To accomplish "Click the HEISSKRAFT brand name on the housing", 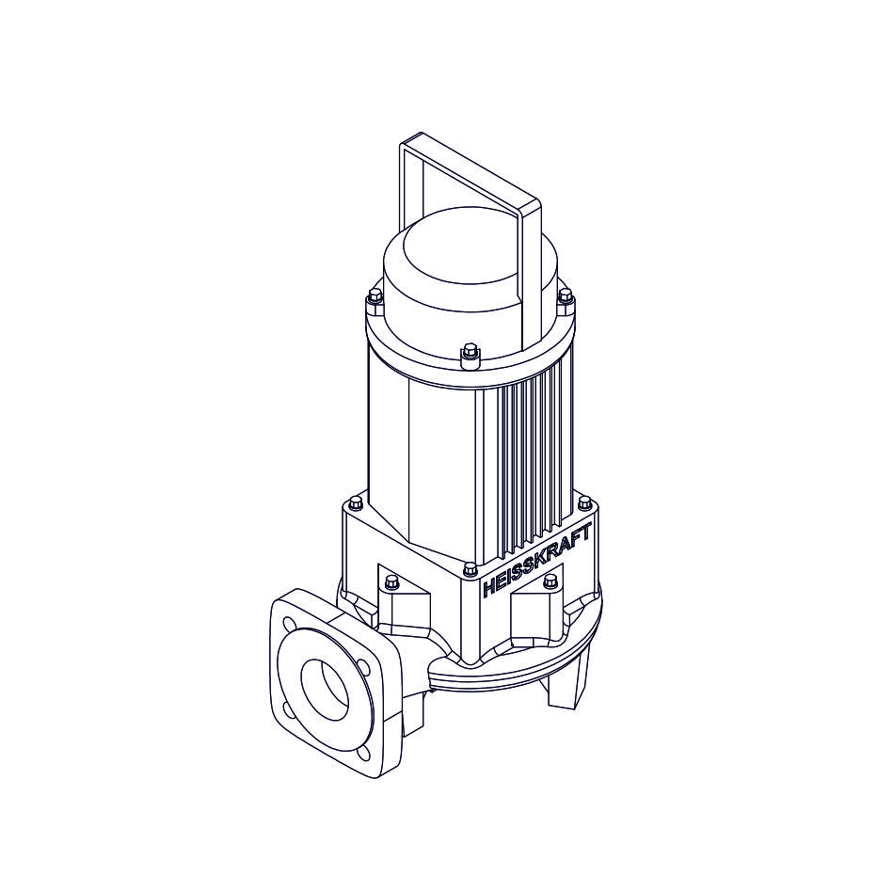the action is coord(536,560).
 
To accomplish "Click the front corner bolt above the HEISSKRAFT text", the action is coord(470,569).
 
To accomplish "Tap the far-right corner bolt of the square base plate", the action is coord(584,502).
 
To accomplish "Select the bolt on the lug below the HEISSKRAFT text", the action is coord(550,581).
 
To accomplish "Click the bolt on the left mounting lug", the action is coord(391,581).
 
